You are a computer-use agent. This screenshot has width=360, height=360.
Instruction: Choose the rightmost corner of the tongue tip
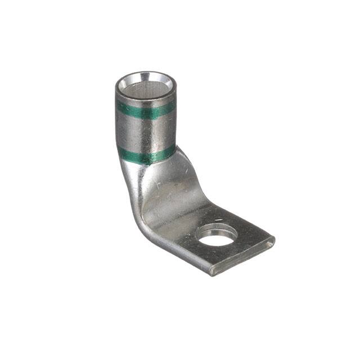click(274, 240)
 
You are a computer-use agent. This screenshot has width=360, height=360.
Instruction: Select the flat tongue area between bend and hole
click(180, 217)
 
